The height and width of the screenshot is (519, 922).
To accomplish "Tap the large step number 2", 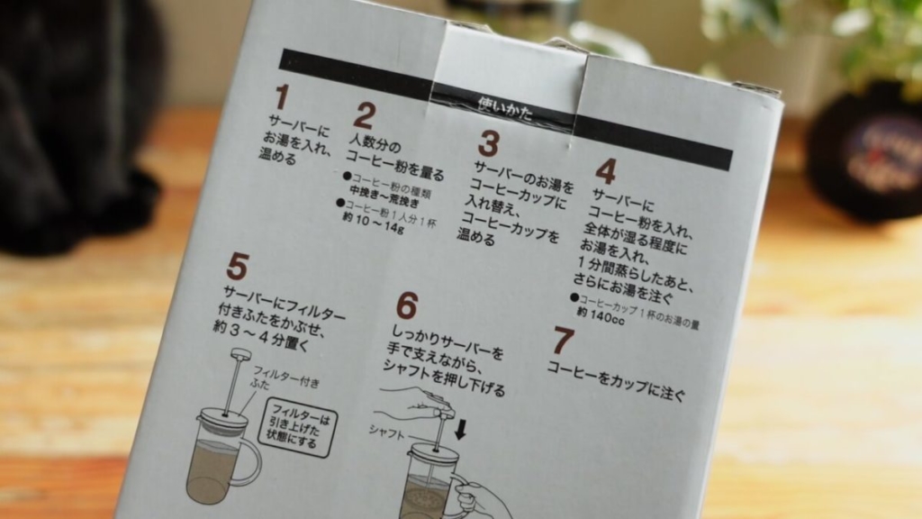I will pyautogui.click(x=363, y=115).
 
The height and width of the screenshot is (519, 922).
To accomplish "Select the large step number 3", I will pyautogui.click(x=488, y=143).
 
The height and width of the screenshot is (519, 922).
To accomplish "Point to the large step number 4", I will pyautogui.click(x=606, y=170).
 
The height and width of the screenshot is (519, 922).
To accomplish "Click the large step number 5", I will pyautogui.click(x=237, y=267).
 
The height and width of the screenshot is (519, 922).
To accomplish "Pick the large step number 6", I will pyautogui.click(x=407, y=307).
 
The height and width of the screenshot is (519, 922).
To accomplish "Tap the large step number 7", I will pyautogui.click(x=563, y=341).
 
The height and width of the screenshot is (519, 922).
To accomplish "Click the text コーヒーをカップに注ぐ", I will pyautogui.click(x=616, y=381).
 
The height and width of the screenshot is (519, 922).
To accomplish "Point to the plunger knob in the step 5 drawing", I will pyautogui.click(x=240, y=354).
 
